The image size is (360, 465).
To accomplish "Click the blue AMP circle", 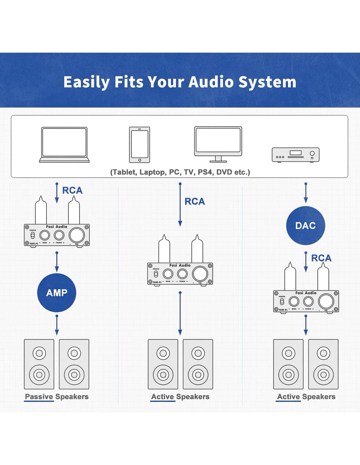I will pyautogui.click(x=57, y=293).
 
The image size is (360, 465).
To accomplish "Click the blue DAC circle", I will pyautogui.click(x=305, y=225).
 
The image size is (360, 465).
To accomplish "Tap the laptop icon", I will pyautogui.click(x=64, y=145).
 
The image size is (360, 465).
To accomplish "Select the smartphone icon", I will pyautogui.click(x=139, y=145).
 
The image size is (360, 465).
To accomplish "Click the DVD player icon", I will pyautogui.click(x=296, y=155).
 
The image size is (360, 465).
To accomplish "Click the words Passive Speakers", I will pyautogui.click(x=57, y=397).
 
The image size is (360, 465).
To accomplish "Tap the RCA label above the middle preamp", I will pyautogui.click(x=195, y=201).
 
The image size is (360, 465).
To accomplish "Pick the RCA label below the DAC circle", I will pyautogui.click(x=321, y=258).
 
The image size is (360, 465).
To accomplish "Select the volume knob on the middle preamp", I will pyautogui.click(x=200, y=274).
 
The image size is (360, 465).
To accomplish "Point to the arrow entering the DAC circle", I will pyautogui.click(x=306, y=193).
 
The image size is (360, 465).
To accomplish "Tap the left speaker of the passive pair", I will pyautogui.click(x=39, y=364).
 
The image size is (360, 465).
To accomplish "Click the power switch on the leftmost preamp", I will pyautogui.click(x=32, y=236).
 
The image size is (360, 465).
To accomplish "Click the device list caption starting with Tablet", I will pyautogui.click(x=180, y=172).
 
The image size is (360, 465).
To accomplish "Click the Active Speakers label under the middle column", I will pyautogui.click(x=180, y=397).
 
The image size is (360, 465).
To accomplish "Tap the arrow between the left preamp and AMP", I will pyautogui.click(x=57, y=262).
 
